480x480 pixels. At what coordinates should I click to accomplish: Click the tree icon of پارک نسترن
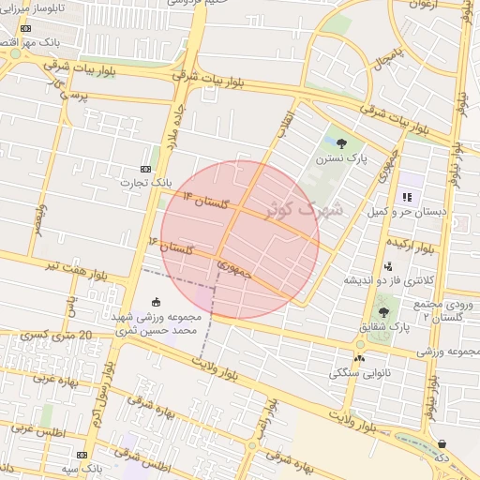[x=341, y=143]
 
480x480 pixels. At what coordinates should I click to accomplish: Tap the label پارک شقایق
[x=382, y=327]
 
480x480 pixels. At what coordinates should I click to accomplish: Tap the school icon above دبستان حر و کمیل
[x=407, y=197]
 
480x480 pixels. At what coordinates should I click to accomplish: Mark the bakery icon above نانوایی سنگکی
[x=359, y=358]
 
